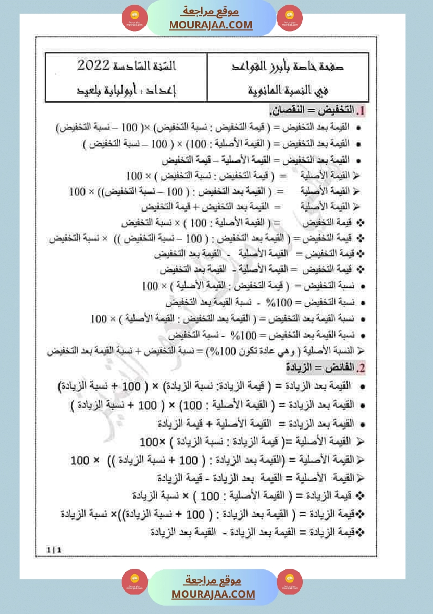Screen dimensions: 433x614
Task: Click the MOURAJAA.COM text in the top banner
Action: [x=211, y=25]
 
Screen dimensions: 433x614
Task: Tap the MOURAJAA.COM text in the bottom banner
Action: [x=213, y=594]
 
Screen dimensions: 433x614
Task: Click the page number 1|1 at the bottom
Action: [x=54, y=550]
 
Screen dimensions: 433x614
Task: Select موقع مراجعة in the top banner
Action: [x=211, y=12]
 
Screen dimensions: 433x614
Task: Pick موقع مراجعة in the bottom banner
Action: [x=213, y=580]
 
